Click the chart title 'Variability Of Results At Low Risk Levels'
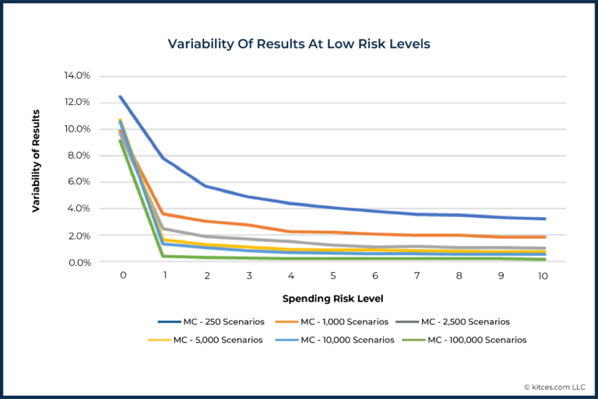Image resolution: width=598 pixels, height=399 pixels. pyautogui.click(x=299, y=44)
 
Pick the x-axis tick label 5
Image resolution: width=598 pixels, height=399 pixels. pyautogui.click(x=333, y=276)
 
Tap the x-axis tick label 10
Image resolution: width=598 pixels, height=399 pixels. pyautogui.click(x=543, y=276)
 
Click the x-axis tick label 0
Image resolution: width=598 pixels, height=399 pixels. pyautogui.click(x=122, y=276)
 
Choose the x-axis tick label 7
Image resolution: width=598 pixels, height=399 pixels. pyautogui.click(x=417, y=276)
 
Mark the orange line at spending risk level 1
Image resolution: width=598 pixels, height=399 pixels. pyautogui.click(x=164, y=214)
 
